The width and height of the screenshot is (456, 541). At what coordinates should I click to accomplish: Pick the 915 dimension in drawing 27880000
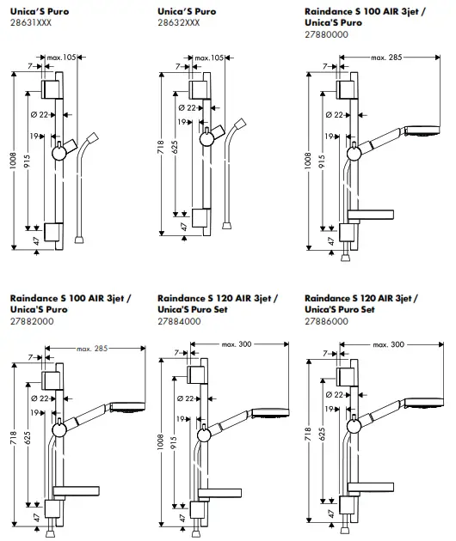pos(323,161)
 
